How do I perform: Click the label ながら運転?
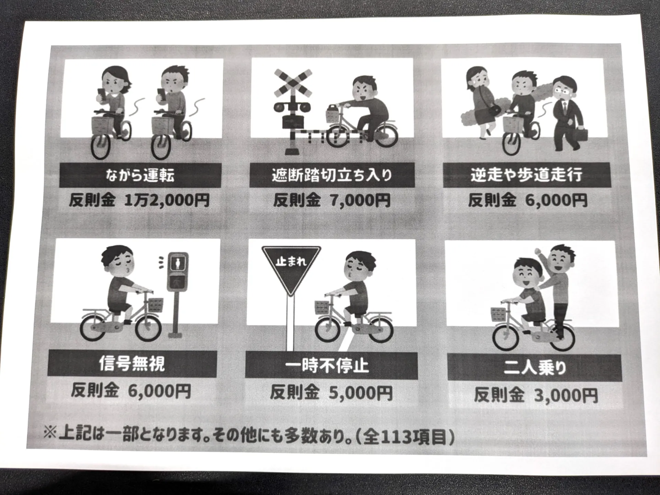pyautogui.click(x=140, y=175)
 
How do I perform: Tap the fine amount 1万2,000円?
pyautogui.click(x=167, y=200)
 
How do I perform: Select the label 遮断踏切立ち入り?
pyautogui.click(x=332, y=175)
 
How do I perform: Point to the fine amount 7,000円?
pyautogui.click(x=360, y=200)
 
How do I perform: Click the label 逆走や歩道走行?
pyautogui.click(x=527, y=175)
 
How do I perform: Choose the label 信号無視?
pyautogui.click(x=132, y=364)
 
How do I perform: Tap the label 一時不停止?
pyautogui.click(x=327, y=366)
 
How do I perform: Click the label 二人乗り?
pyautogui.click(x=535, y=368)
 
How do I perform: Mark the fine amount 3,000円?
pyautogui.click(x=566, y=395)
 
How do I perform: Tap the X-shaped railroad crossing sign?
pyautogui.click(x=293, y=83)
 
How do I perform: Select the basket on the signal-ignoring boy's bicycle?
pyautogui.click(x=155, y=305)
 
